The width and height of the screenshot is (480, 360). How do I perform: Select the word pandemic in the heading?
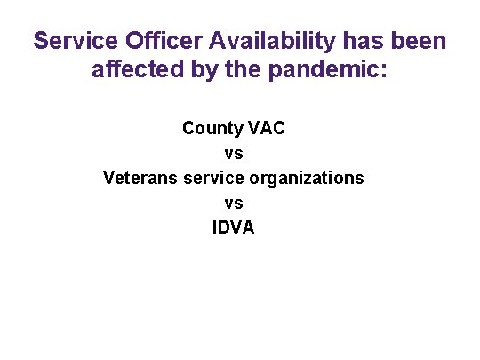(x=320, y=69)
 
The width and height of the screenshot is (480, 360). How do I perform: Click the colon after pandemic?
(x=383, y=71)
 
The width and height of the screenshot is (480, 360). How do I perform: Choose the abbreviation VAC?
(x=266, y=128)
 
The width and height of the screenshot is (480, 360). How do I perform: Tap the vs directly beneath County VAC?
(x=234, y=153)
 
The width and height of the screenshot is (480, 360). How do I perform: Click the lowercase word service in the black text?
(x=213, y=178)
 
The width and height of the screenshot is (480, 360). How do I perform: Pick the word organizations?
(x=307, y=178)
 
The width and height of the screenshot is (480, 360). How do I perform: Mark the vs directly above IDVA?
(x=234, y=203)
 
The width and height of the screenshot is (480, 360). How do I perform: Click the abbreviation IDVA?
(x=234, y=228)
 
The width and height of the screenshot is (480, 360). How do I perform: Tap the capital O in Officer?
(x=116, y=41)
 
